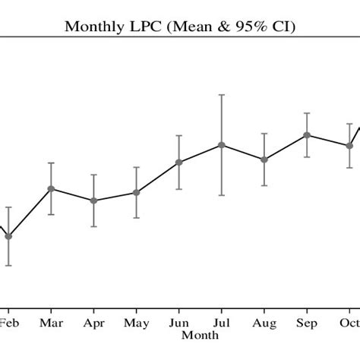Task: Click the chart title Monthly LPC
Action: coord(180,27)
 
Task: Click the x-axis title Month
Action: coord(201,334)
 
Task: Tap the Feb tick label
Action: coord(8,323)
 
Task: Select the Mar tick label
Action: coord(51,323)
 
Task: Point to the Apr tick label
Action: coord(93,324)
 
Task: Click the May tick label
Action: coord(136,324)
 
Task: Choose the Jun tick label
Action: coord(178,323)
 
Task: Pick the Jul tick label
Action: coord(221,323)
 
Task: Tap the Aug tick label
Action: coord(264,324)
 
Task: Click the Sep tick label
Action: coord(307,324)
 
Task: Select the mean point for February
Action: coord(8,236)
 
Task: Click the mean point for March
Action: coord(51,188)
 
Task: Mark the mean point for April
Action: coord(93,201)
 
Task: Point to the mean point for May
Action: coord(136,193)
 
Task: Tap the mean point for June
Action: coord(178,162)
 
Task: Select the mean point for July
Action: coord(221,144)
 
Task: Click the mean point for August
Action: coord(264,159)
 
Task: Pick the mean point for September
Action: coord(307,135)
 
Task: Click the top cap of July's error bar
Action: coord(221,95)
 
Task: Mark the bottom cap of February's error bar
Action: coord(8,265)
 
